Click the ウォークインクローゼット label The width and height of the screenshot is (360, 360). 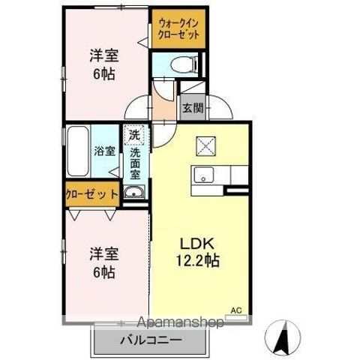click(x=179, y=29)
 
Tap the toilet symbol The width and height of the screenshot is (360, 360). click(x=184, y=64)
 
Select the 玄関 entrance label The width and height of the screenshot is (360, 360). click(x=193, y=108)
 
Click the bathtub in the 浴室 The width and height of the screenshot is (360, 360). click(x=78, y=151)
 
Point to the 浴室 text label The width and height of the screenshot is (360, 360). click(x=104, y=151)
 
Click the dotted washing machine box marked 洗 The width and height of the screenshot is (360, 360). click(x=134, y=135)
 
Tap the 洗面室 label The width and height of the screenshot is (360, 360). click(x=135, y=163)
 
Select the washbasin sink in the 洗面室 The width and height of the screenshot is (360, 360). click(x=134, y=193)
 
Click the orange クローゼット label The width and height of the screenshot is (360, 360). click(x=91, y=194)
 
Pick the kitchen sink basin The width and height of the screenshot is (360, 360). click(x=204, y=175)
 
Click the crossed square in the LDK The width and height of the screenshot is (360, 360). click(x=205, y=146)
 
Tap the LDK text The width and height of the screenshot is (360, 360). click(x=197, y=244)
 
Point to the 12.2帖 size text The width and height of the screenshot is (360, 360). click(x=198, y=261)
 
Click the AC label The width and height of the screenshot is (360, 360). click(x=236, y=310)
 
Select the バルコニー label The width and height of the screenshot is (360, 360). click(x=151, y=340)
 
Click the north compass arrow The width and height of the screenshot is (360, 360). click(x=283, y=338)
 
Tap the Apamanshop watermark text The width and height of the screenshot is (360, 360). click(x=180, y=322)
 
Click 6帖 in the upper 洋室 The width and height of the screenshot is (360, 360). click(x=104, y=73)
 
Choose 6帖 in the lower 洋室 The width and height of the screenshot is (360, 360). click(x=104, y=272)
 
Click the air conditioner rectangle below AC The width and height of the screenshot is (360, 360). click(x=236, y=317)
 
